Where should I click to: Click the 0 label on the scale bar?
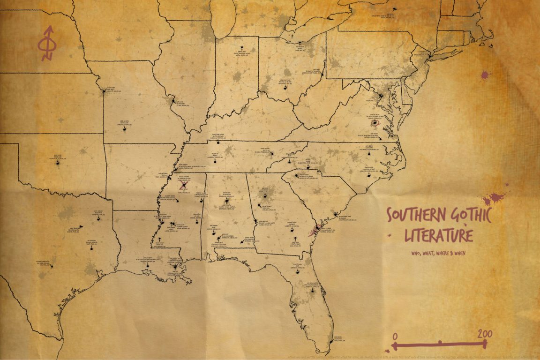tap(395, 336)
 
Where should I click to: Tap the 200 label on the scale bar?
tap(485, 334)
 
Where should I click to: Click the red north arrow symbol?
tap(47, 44)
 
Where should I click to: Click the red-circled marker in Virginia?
tap(375, 124)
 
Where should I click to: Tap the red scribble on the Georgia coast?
tap(314, 230)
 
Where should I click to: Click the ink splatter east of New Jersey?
tap(484, 75)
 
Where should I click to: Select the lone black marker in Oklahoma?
tap(59, 164)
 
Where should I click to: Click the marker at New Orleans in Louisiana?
tap(175, 267)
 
